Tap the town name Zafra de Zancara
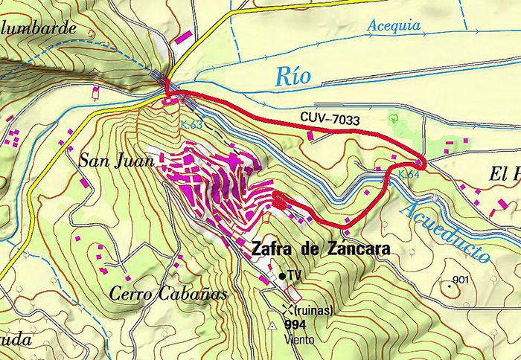tap(321, 250)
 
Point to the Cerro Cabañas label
tap(167, 293)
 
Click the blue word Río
tap(292, 75)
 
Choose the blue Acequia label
tap(394, 27)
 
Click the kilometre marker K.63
tap(191, 124)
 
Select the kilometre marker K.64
tap(409, 174)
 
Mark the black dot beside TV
tap(282, 276)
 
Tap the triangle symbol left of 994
tap(272, 326)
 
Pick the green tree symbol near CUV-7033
tap(395, 118)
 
